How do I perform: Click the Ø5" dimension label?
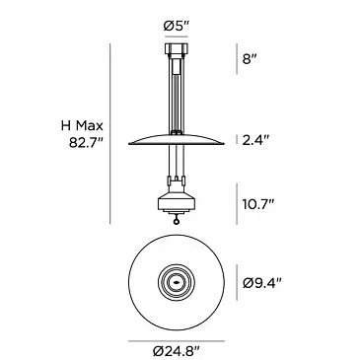coord(176,26)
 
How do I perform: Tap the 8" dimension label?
coord(250,59)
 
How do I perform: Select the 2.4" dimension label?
coord(255,140)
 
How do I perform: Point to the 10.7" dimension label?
coord(258,204)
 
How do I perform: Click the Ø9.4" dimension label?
coord(262,283)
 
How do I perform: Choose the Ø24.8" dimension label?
coord(177,351)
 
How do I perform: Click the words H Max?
coord(82,125)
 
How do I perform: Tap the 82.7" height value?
coord(86,143)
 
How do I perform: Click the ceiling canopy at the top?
coord(177,49)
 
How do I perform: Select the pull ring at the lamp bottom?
coord(177,222)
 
